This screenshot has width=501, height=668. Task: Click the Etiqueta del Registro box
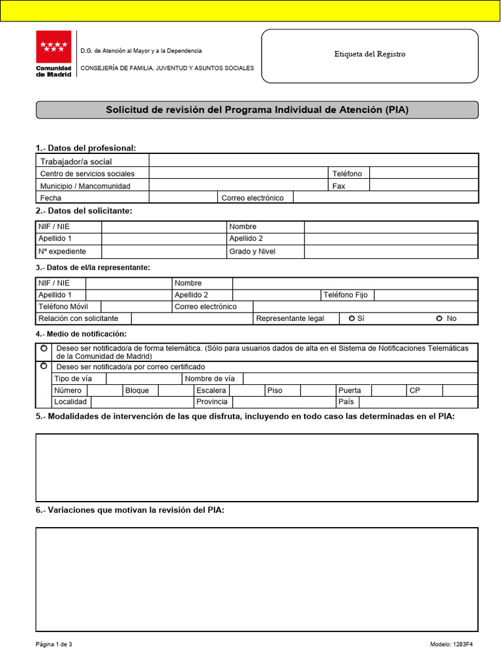click(x=370, y=54)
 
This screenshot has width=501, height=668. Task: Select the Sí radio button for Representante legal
click(x=352, y=318)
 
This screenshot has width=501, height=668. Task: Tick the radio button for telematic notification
click(x=44, y=349)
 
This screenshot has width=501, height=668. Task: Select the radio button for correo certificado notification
click(x=44, y=367)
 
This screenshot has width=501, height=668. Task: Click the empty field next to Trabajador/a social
click(x=313, y=161)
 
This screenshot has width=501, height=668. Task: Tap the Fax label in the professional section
click(x=339, y=186)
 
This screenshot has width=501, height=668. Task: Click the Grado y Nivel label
click(x=252, y=251)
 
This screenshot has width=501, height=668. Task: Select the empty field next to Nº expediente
click(x=163, y=251)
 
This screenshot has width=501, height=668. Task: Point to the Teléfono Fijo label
click(x=345, y=295)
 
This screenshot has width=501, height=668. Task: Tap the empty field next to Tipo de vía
click(x=144, y=378)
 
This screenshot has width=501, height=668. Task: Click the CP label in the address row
click(x=414, y=390)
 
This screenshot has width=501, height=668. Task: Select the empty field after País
click(x=417, y=402)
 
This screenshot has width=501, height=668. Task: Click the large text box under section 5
click(x=256, y=467)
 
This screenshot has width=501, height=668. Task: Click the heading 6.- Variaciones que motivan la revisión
click(x=130, y=510)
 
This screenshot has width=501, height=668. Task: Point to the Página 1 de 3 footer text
click(x=54, y=645)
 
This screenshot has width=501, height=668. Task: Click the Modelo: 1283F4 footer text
click(x=451, y=645)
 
